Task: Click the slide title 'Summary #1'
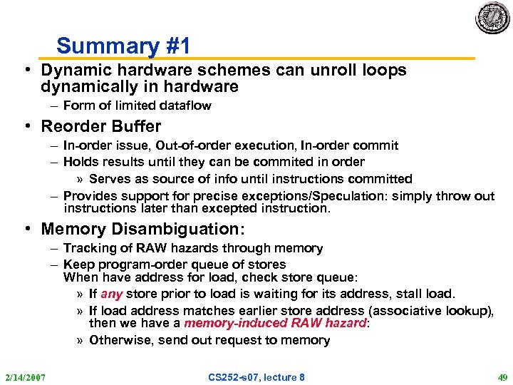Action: (123, 46)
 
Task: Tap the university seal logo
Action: (492, 19)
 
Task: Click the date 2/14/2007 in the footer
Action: (25, 376)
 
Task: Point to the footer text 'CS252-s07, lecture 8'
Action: (256, 376)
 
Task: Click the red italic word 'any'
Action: (112, 294)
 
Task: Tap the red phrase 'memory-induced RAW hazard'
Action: (274, 323)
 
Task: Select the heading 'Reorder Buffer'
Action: (100, 126)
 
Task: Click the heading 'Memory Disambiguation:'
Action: (142, 229)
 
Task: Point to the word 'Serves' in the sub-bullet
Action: (109, 179)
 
